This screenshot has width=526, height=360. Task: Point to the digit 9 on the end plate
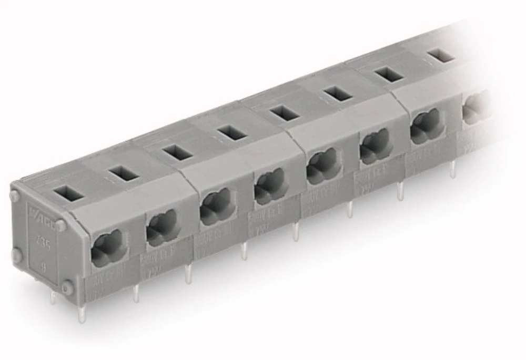coord(43,267)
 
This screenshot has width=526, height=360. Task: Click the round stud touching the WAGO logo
coord(61,225)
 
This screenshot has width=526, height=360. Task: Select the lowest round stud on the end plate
coord(67,287)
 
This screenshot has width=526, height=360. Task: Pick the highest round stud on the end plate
coord(14,196)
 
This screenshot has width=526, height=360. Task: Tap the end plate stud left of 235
coord(17,256)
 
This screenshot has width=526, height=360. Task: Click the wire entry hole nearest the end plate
coord(108,247)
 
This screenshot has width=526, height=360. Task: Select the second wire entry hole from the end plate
coord(163,227)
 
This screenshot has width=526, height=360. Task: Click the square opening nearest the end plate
coord(68,193)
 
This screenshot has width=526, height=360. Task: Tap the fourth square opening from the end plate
coord(232,132)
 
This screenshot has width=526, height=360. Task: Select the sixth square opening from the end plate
coord(338,93)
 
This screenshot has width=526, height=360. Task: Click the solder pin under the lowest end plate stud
coord(80,313)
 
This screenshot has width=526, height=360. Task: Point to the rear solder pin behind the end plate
coord(53,298)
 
